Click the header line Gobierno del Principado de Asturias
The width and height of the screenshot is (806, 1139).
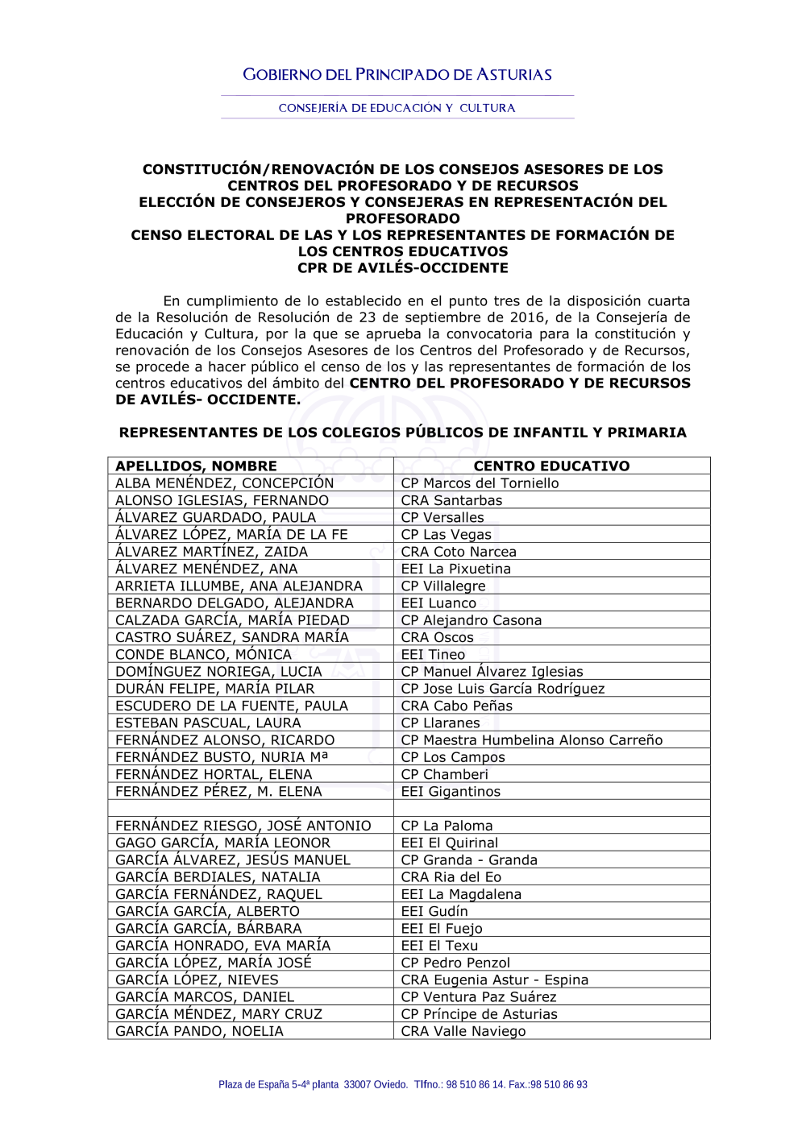(397, 75)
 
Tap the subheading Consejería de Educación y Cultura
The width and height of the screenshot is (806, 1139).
(397, 108)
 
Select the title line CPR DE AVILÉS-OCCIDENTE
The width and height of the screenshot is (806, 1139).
(402, 268)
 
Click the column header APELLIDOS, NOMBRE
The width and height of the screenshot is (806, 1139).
(196, 466)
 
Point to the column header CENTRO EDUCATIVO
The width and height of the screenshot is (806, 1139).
(551, 466)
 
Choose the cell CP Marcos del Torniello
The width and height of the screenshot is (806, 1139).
(480, 483)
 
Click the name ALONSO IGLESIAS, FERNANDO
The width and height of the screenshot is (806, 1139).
(222, 500)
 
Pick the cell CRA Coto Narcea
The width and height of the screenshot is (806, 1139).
(459, 552)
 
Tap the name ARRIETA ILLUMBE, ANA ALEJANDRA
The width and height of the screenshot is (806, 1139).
(239, 586)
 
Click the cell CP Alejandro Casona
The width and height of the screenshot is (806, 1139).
(472, 620)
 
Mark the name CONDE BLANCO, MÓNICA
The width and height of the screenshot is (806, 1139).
(203, 655)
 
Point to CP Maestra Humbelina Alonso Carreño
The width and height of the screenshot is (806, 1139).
(532, 740)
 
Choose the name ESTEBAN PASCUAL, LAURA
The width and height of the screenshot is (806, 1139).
(208, 723)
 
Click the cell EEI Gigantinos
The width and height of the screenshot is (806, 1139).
(451, 792)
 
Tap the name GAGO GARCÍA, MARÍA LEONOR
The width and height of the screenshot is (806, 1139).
(222, 843)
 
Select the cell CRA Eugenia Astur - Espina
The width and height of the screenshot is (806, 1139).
(495, 980)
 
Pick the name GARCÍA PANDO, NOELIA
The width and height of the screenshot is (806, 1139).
(199, 1032)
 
